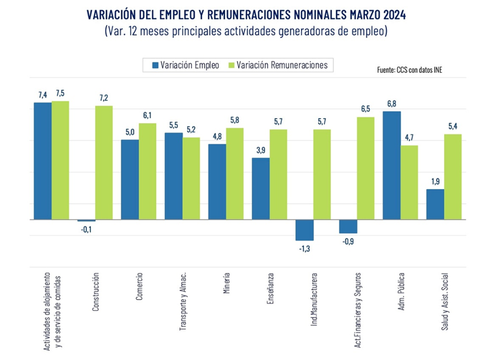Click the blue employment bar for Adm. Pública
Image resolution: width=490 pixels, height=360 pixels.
tap(392, 165)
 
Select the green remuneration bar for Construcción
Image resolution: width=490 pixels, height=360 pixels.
tap(104, 163)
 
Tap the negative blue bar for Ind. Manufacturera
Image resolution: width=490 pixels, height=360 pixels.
tap(304, 230)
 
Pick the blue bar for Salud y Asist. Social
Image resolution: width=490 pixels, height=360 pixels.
tap(435, 205)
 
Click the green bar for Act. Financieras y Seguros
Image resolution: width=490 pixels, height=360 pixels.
tap(366, 168)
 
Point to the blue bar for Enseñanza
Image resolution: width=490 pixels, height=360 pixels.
tap(261, 189)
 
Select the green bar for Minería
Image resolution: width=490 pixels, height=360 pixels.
tap(235, 174)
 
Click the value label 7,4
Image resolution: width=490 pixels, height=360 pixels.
tap(42, 95)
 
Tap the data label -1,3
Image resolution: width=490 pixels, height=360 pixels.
tap(304, 248)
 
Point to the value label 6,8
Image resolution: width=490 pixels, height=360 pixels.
tap(392, 104)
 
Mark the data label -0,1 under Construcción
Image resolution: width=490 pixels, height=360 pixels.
tap(86, 229)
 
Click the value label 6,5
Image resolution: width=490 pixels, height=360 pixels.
tap(366, 109)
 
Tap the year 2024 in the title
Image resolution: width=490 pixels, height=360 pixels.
tap(389, 13)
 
